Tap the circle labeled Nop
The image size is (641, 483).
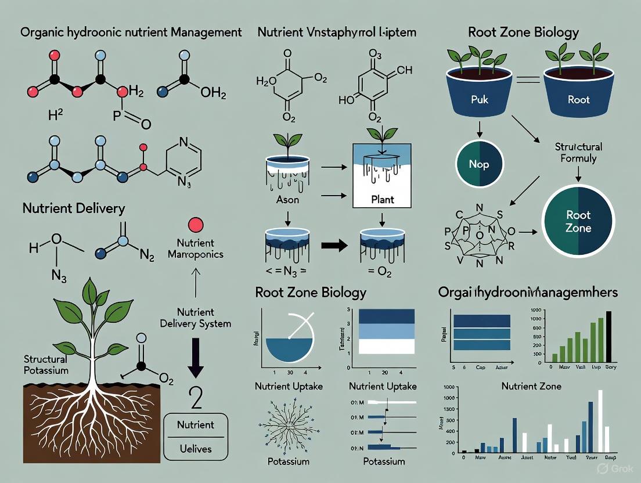[479, 164]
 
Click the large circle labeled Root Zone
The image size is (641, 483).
[578, 221]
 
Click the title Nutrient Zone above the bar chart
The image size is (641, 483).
[531, 385]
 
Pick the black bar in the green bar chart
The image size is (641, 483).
[608, 337]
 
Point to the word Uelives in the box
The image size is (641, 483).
[196, 449]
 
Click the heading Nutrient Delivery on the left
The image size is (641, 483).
[74, 208]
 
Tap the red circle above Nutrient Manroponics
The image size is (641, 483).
[196, 225]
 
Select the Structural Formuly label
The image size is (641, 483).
[578, 152]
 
